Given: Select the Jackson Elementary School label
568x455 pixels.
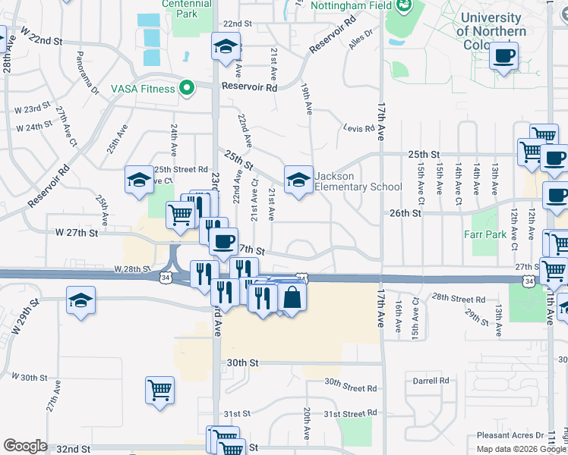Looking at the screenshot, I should [x=358, y=182].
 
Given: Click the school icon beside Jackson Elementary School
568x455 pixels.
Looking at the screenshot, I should [x=298, y=180].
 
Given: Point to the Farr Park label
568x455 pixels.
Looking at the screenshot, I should [x=488, y=234].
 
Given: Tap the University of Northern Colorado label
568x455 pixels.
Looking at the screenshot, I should [x=491, y=30].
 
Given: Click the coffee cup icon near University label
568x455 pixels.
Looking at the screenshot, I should [x=503, y=56].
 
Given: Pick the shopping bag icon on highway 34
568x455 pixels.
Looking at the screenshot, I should [x=292, y=297].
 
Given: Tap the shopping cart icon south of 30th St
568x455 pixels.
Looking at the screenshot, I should [x=159, y=391].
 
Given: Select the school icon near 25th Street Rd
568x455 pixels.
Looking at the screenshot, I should [x=139, y=180].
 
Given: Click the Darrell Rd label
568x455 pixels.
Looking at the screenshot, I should [x=431, y=381].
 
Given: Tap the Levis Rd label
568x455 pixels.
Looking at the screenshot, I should [x=359, y=129].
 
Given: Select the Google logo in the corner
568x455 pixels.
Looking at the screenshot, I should [x=25, y=446].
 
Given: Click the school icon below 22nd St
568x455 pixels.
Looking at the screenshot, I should [x=226, y=48].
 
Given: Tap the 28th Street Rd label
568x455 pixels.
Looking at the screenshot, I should [x=459, y=298].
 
